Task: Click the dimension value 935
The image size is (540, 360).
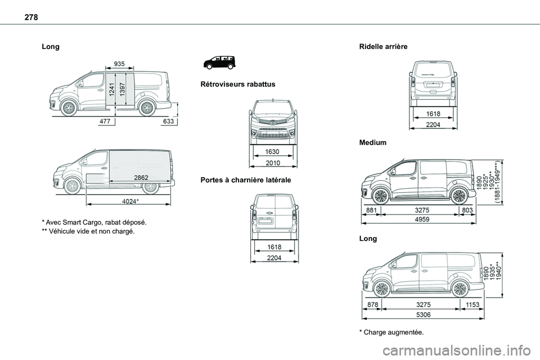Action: (x=119, y=64)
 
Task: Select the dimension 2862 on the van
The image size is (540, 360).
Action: (x=141, y=177)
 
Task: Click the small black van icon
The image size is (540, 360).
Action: (x=218, y=61)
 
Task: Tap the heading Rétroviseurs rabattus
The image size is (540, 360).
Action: (x=233, y=84)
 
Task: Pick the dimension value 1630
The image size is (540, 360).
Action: (x=273, y=152)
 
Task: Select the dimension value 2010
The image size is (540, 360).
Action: (x=273, y=163)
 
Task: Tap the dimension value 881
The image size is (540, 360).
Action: (x=371, y=210)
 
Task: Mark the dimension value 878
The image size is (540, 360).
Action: (x=371, y=304)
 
